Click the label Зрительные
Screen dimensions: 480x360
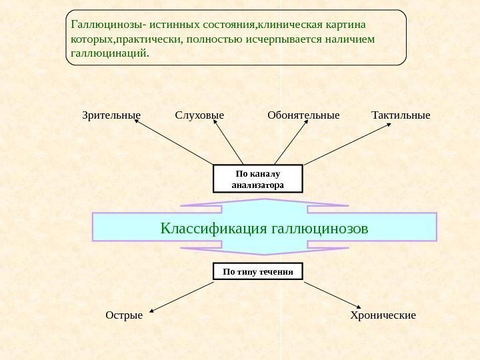point(111,115)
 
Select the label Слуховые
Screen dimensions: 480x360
point(199,115)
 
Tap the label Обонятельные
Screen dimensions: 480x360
point(303,115)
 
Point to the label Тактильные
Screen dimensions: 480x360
point(401,115)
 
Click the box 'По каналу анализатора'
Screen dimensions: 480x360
point(257,179)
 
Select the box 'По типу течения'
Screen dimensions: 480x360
point(257,271)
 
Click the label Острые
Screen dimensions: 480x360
point(124,315)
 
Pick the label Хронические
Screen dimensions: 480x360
point(383,315)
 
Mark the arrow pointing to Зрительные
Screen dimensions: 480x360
point(177,145)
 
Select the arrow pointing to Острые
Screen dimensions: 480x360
point(182,297)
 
